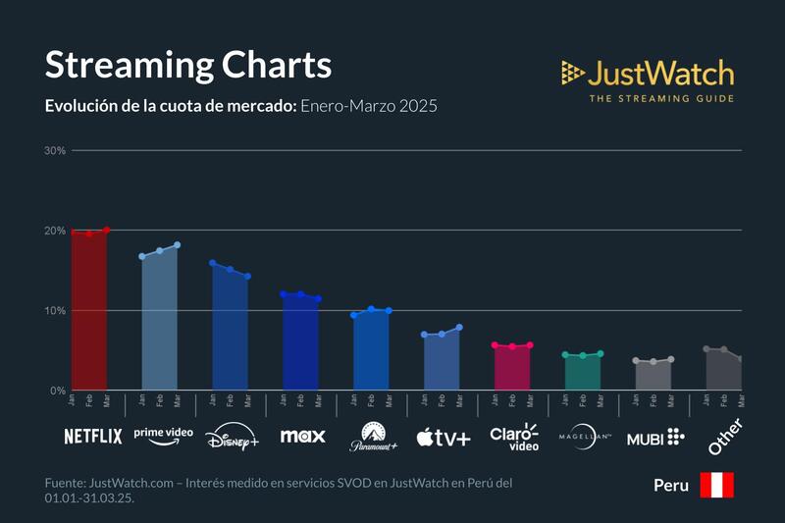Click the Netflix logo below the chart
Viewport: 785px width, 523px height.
pos(93,436)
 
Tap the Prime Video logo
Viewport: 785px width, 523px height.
pos(163,436)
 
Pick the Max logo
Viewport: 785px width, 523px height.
pos(302,436)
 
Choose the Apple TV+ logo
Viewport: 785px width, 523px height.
pos(444,437)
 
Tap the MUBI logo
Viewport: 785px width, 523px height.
pos(655,437)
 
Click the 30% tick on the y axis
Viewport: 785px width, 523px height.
pos(55,151)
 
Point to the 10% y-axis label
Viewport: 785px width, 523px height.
pos(55,311)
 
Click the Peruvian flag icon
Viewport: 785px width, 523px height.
pos(716,485)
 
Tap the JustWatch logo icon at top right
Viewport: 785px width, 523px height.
pos(573,73)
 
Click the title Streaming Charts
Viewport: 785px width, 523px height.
pos(188,65)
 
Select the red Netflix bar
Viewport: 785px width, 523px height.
pos(89,314)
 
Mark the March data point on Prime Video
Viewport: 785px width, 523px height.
pos(178,245)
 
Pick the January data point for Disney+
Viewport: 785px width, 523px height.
pos(213,263)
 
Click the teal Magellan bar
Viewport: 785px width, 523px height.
pos(583,373)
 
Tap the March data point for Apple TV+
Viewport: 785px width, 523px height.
pos(459,328)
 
